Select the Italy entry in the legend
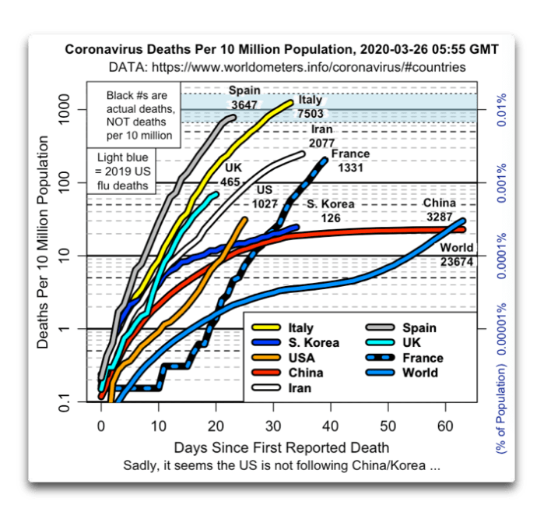click(300, 329)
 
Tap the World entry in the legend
click(421, 373)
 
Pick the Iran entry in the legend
click(300, 387)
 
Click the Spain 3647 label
click(245, 97)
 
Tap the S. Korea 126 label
click(329, 210)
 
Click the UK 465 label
click(232, 175)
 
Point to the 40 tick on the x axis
click(331, 426)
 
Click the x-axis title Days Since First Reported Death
click(281, 447)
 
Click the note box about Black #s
click(141, 115)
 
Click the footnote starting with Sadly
click(281, 465)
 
